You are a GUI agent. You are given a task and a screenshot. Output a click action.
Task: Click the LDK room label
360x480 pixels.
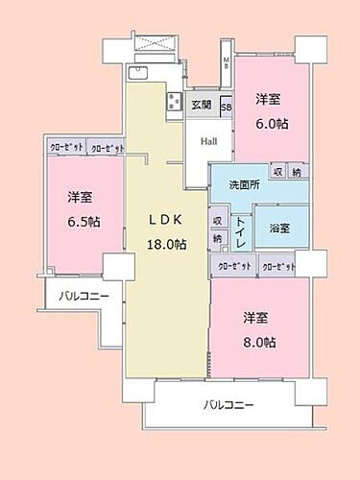point(164,219)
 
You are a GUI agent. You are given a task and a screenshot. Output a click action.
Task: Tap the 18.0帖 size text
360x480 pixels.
point(165,244)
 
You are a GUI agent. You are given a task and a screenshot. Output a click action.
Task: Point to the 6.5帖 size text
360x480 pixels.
point(81,222)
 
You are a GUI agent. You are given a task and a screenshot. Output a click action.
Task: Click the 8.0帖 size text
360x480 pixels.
point(259,342)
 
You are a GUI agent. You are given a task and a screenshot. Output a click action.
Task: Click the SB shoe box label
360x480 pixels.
point(227,107)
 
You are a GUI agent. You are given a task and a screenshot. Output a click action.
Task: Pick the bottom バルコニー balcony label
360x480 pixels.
point(228,405)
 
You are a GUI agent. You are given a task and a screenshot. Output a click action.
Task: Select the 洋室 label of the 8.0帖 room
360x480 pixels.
point(259,317)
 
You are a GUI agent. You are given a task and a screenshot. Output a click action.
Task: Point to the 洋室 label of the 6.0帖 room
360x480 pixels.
point(269,99)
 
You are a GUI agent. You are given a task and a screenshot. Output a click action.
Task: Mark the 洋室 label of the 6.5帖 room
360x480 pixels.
point(81,197)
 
